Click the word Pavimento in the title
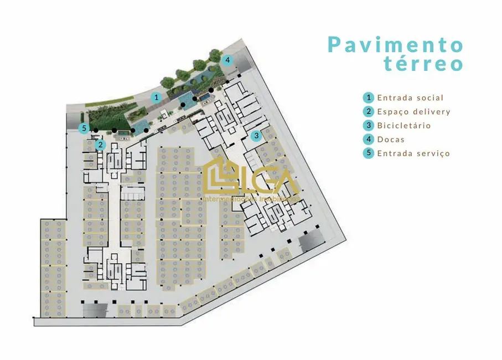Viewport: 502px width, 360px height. (395, 44)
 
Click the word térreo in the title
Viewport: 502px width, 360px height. (423, 64)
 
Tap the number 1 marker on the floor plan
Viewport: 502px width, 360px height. (157, 97)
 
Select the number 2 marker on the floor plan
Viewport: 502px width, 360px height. (100, 145)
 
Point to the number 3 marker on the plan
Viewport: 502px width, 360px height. (256, 135)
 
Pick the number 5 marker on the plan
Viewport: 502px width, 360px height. (84, 128)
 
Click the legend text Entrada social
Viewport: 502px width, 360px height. (410, 98)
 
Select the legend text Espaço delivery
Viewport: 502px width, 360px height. (413, 112)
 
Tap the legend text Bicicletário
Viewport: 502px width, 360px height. (403, 126)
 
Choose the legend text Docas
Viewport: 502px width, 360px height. (391, 140)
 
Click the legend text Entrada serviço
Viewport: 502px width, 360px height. (413, 153)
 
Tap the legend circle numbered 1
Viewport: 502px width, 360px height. (369, 97)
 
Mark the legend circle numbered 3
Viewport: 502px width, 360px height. (369, 125)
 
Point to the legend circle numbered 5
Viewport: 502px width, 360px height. (369, 153)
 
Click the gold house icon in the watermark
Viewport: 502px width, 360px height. (219, 174)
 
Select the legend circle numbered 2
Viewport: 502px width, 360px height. (369, 111)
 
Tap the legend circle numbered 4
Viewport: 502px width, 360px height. (369, 139)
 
